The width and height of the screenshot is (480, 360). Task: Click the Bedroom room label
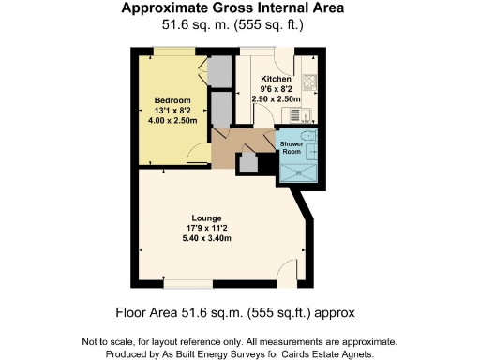coord(172,100)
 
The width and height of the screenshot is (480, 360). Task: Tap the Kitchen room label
coord(276,79)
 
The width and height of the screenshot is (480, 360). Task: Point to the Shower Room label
coord(292,146)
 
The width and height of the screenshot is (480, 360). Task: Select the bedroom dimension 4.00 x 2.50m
coord(172,120)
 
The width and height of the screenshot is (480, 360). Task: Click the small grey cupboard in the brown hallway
coord(248,161)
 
